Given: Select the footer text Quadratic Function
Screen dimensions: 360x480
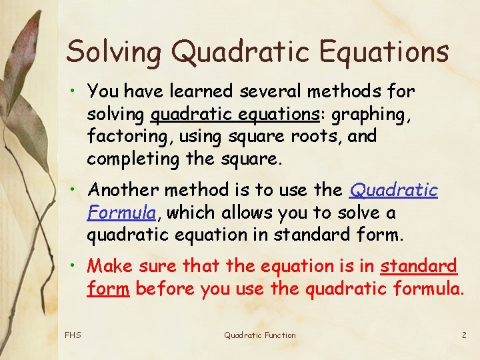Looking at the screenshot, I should (x=259, y=335).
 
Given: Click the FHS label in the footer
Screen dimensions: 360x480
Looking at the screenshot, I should (x=73, y=335).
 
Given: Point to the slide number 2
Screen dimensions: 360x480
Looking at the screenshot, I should (x=464, y=335).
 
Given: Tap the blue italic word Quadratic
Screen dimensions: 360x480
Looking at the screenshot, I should (x=393, y=191).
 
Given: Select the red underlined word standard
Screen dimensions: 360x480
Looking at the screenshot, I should (x=419, y=266).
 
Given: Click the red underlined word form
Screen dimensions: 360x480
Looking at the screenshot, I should (x=107, y=288).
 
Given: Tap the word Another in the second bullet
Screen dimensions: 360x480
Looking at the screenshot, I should (x=124, y=191).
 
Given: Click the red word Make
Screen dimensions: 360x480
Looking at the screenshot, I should (x=110, y=266).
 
